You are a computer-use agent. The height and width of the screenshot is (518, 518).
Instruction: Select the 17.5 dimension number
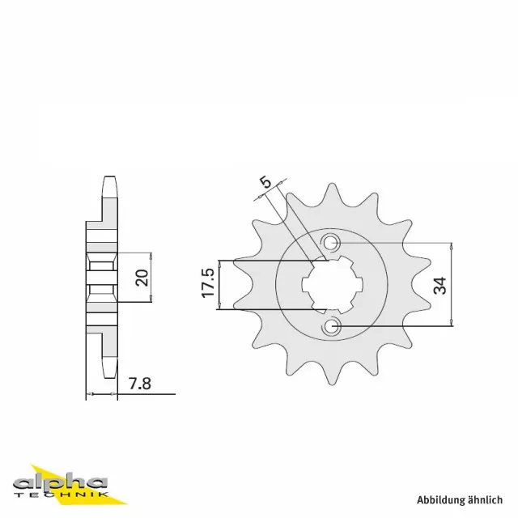208,283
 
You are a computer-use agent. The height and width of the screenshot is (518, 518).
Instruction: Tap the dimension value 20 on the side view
141,277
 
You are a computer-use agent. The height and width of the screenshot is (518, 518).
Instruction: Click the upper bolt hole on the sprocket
332,242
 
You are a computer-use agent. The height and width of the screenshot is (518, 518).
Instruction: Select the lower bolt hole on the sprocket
332,326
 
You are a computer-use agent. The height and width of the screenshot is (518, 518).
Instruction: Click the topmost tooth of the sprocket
331,193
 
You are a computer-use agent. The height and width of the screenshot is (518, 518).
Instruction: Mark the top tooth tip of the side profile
108,181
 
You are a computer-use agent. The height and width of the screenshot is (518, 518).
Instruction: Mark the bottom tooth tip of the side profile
108,374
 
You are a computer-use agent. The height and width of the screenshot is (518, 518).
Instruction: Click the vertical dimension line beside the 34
451,284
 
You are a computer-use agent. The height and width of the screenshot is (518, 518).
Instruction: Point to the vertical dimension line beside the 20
151,277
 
